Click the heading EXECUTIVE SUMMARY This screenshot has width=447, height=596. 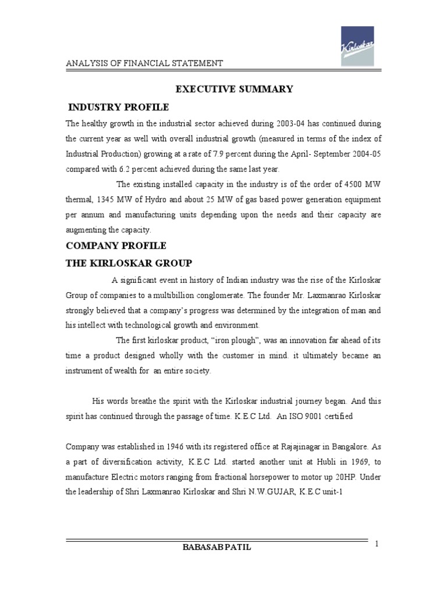point(235,89)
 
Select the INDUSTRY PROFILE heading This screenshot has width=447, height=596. point(119,108)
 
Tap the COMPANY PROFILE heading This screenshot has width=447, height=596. point(116,245)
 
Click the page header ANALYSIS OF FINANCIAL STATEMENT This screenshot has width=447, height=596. point(144,63)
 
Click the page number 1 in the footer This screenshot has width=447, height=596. point(377,544)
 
